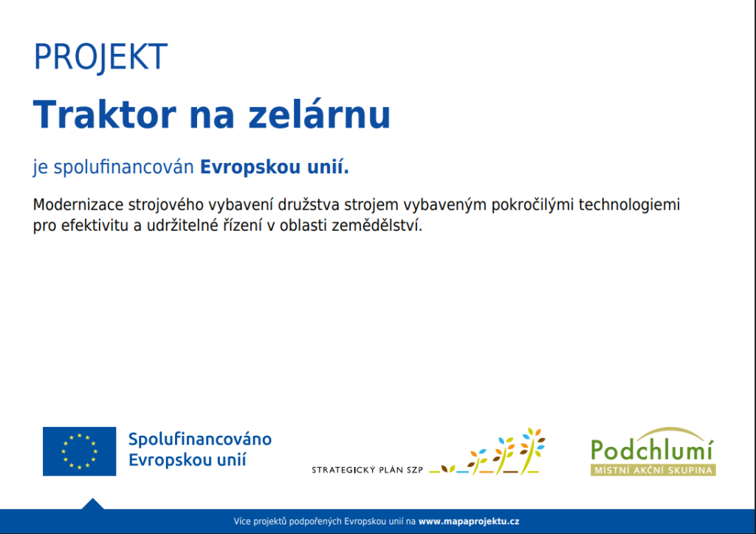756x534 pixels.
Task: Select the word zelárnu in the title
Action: point(319,114)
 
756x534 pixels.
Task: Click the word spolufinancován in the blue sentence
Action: point(123,167)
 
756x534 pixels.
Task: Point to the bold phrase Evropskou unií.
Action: point(275,167)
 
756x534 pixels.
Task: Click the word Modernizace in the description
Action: point(78,204)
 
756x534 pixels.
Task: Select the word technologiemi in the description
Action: point(629,204)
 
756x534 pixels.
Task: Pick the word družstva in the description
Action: point(309,204)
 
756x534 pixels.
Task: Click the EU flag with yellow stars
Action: point(80,451)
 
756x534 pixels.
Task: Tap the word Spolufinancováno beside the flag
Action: point(200,439)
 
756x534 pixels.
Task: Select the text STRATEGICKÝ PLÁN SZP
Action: point(368,470)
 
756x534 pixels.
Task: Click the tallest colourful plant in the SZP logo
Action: point(532,451)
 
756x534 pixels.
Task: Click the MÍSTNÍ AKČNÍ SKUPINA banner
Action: point(653,470)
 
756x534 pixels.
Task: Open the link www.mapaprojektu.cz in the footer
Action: point(469,521)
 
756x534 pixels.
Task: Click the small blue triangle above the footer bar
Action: point(92,504)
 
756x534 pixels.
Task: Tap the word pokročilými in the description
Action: point(533,204)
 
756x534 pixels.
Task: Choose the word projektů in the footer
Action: point(269,521)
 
